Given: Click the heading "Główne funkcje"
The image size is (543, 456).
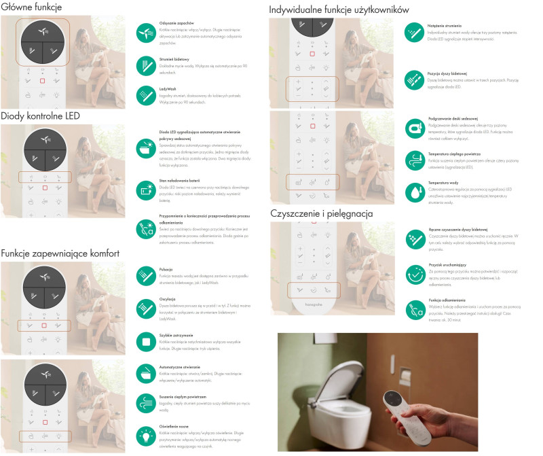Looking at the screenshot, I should click(33, 7).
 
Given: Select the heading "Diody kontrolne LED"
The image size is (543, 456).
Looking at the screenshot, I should click(41, 116).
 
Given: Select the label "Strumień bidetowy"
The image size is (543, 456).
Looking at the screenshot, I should click(174, 59).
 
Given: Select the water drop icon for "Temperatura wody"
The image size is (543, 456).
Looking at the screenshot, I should click(415, 191).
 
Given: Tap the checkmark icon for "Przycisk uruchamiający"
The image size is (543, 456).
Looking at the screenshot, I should click(415, 275).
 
